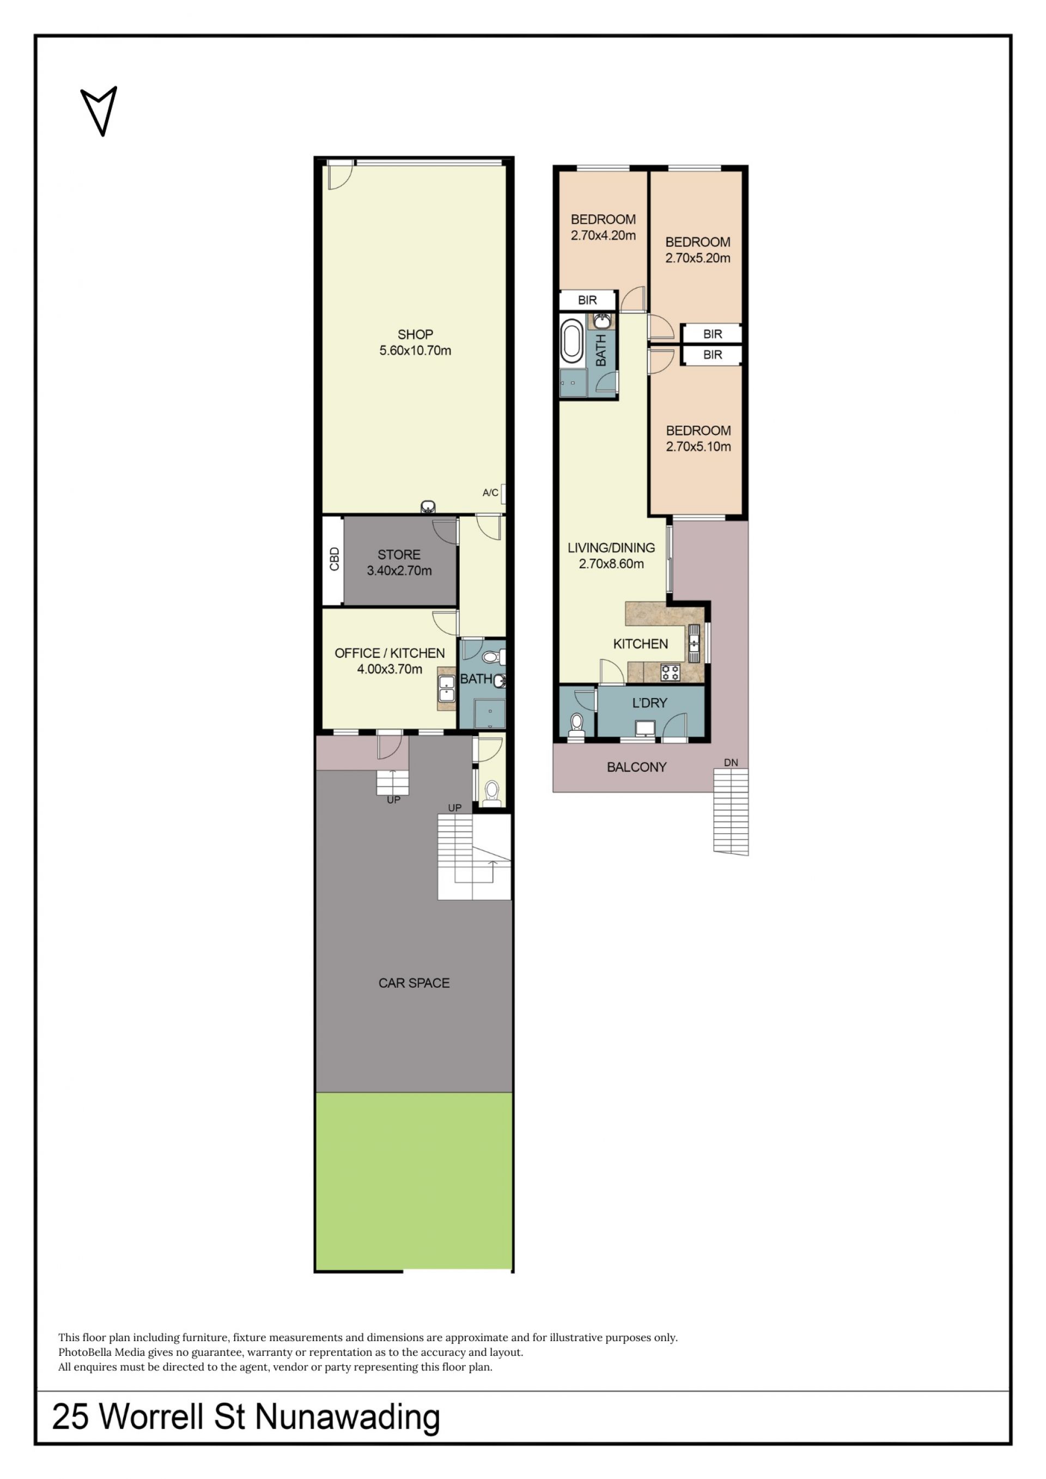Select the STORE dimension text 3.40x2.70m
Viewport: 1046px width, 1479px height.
[x=399, y=570]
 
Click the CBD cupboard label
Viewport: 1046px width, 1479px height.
[x=333, y=559]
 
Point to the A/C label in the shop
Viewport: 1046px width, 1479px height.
[x=490, y=493]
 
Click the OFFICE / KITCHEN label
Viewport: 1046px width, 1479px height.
[x=390, y=653]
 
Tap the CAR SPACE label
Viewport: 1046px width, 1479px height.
[x=414, y=983]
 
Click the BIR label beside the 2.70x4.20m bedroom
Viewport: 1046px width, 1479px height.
[x=587, y=300]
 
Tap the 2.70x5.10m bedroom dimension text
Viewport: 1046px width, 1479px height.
[x=698, y=446]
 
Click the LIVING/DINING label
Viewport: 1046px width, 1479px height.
[x=611, y=548]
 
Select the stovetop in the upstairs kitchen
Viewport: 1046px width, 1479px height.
[x=671, y=672]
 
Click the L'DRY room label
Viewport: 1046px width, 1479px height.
[x=650, y=703]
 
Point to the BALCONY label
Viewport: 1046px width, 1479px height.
[x=636, y=767]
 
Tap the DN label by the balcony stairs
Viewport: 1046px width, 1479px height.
[x=731, y=763]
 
